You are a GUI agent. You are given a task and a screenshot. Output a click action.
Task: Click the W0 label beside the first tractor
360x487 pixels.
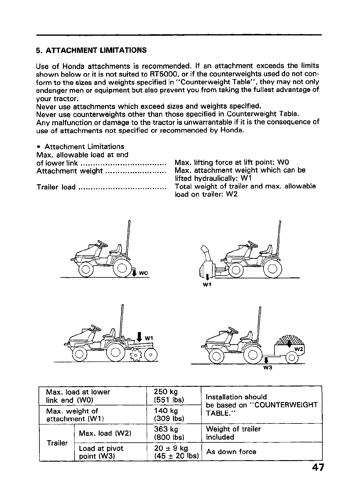click(143, 273)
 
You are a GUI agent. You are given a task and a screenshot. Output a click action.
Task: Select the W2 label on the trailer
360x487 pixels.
click(298, 349)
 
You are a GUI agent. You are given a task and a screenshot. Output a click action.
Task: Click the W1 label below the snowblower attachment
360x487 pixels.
click(207, 285)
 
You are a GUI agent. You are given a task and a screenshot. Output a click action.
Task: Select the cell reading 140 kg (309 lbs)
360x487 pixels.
click(170, 415)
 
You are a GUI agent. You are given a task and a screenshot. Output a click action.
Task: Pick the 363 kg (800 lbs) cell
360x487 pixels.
click(170, 433)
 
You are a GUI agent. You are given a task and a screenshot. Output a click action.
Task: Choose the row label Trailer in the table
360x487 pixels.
click(57, 443)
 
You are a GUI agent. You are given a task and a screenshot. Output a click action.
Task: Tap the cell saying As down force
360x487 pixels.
click(231, 452)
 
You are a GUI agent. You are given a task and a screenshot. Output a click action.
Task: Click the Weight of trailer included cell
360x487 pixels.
click(233, 433)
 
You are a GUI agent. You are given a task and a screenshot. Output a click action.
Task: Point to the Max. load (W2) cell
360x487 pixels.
click(105, 433)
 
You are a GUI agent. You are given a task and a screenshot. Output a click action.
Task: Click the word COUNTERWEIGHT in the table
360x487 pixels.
click(286, 405)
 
